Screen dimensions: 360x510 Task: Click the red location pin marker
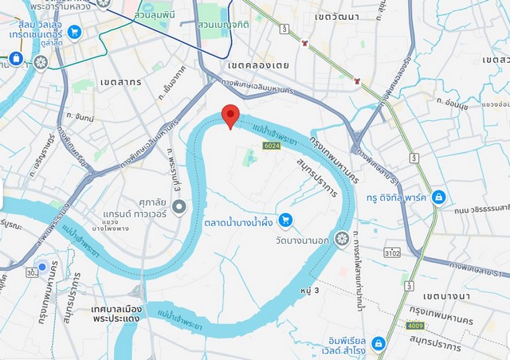click(x=230, y=115)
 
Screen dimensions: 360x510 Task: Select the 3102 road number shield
click(x=391, y=253)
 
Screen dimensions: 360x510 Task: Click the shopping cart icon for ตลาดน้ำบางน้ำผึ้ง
click(x=285, y=219)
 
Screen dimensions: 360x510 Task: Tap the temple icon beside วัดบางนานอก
click(x=342, y=238)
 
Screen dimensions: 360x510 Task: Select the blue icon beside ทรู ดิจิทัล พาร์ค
click(x=437, y=197)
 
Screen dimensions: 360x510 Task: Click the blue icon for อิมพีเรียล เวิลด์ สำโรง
click(x=379, y=343)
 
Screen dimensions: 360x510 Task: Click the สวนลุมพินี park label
click(x=151, y=15)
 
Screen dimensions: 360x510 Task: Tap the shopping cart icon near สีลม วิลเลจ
click(x=74, y=32)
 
